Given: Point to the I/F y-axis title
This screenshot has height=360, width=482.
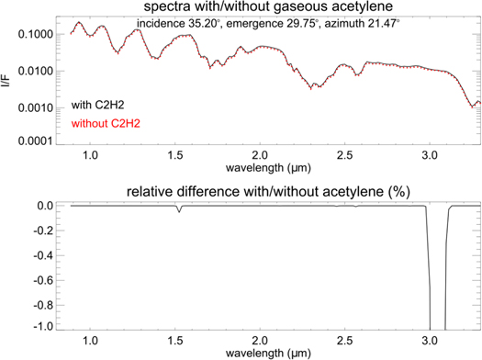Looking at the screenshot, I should click(x=8, y=80).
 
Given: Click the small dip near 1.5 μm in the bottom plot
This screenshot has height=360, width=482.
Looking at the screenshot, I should click(x=179, y=210).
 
